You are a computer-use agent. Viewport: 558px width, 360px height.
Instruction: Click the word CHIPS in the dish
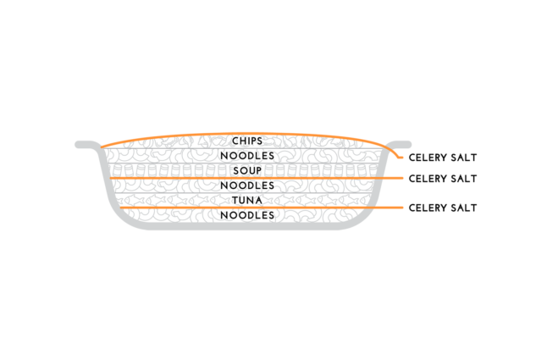click(247, 141)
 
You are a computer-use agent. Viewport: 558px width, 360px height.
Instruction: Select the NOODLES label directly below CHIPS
click(247, 156)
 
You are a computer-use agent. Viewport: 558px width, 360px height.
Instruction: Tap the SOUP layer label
click(247, 170)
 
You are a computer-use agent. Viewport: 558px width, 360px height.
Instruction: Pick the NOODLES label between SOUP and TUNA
click(247, 186)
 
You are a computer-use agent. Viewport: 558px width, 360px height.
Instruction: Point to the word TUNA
click(247, 201)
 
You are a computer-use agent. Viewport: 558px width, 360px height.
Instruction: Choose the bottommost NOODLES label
click(247, 215)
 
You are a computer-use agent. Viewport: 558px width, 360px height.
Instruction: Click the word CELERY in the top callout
click(427, 158)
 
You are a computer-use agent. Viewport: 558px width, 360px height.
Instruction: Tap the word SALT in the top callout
click(463, 158)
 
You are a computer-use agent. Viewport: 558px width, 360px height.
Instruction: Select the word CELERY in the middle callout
click(427, 179)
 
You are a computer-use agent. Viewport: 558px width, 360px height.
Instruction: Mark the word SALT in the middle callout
click(463, 179)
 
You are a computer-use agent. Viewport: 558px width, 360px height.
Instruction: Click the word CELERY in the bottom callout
click(427, 208)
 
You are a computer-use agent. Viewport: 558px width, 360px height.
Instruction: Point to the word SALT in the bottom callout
click(463, 208)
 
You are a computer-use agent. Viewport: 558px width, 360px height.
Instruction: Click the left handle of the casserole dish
click(87, 144)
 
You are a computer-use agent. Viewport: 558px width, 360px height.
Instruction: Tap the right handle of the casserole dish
click(400, 144)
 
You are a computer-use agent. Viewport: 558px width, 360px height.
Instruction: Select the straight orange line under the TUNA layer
click(261, 208)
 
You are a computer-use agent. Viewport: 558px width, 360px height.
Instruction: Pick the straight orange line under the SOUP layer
click(257, 178)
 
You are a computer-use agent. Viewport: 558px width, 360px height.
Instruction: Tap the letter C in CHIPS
click(235, 141)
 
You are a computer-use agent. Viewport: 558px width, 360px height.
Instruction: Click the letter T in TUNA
click(235, 201)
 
